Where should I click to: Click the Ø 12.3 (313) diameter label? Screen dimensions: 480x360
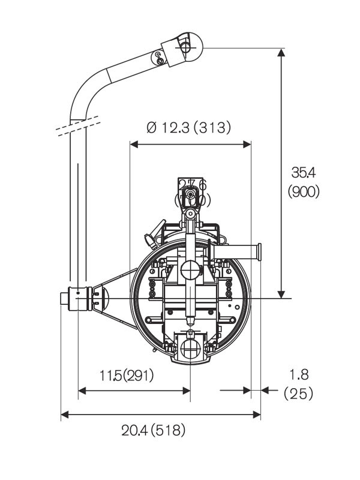[188, 127]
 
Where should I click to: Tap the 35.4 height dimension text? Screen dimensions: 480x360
[304, 173]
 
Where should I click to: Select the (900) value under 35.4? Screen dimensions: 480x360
[304, 191]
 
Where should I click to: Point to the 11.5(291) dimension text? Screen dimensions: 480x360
[127, 376]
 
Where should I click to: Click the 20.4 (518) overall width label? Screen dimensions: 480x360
[154, 430]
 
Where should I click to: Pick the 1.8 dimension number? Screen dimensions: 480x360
[298, 375]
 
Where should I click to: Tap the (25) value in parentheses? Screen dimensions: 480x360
[298, 394]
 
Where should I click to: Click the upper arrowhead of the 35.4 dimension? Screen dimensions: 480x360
[281, 53]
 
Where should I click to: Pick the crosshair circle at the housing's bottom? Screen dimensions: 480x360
[190, 347]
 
